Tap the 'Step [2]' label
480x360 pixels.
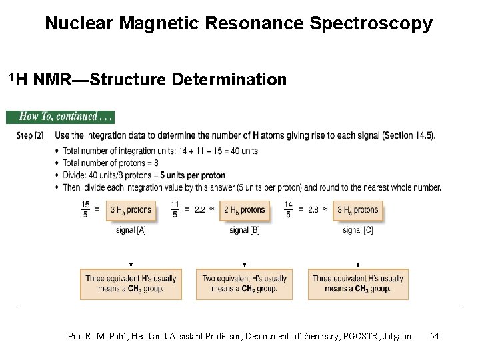[30, 136]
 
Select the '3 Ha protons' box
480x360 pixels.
[131, 210]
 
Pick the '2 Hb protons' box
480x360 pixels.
[244, 210]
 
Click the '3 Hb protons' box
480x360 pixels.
[357, 210]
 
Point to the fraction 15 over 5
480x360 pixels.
[85, 210]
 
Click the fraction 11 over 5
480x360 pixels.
[175, 210]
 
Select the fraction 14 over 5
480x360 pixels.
[288, 210]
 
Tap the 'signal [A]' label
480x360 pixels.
[131, 231]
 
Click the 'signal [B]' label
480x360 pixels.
[244, 231]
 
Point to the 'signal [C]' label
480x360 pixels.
[357, 231]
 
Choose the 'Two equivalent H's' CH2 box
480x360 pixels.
[245, 284]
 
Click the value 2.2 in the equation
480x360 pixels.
[199, 210]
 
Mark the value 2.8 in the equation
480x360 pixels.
[313, 210]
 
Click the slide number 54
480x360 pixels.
[434, 336]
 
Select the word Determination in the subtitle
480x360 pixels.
[229, 80]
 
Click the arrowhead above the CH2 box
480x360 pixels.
[245, 265]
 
